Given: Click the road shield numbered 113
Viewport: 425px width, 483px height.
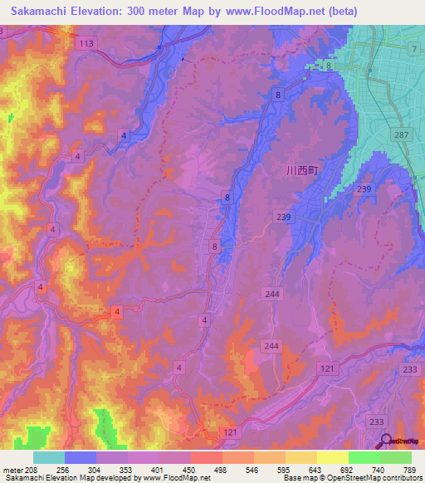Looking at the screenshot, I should [84, 42].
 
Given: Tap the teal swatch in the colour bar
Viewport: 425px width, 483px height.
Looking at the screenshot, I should [49, 457].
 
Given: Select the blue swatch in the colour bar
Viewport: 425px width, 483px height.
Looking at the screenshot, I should [81, 457].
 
